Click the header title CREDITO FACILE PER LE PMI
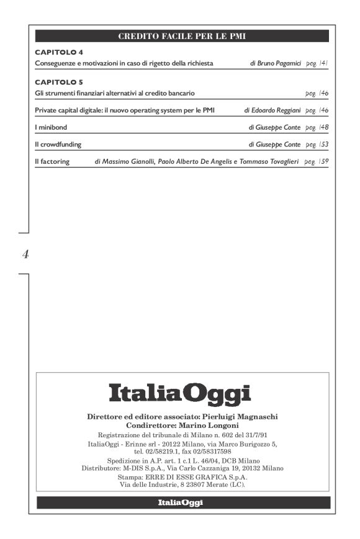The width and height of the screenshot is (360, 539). coord(182,37)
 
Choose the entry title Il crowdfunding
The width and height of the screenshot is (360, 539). coord(58,145)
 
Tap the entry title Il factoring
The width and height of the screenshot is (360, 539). coord(52,162)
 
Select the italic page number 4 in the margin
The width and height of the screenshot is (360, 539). coord(25,254)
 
